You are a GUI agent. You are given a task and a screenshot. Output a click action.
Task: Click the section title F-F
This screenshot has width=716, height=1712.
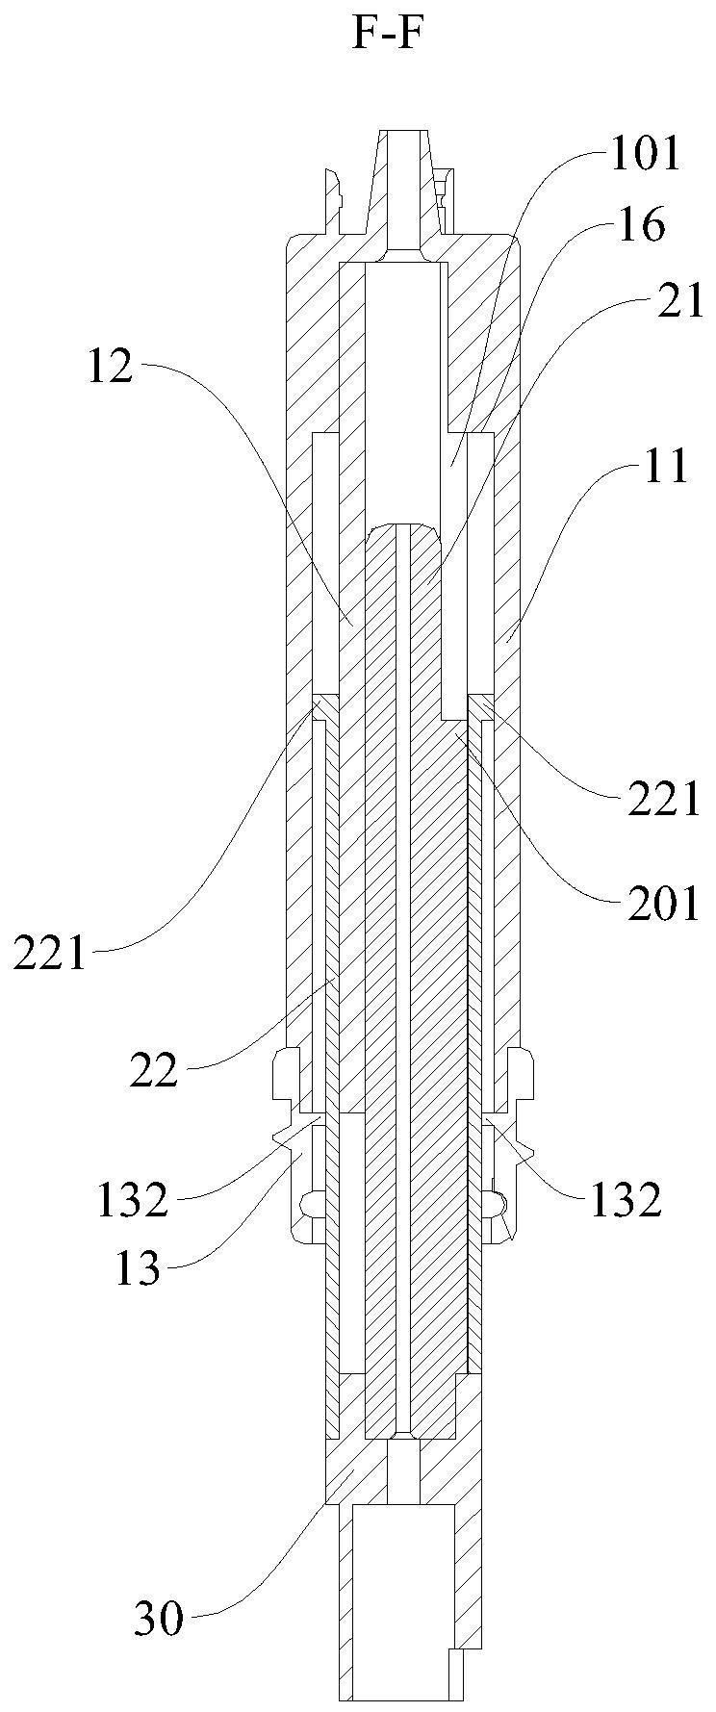[x=388, y=36]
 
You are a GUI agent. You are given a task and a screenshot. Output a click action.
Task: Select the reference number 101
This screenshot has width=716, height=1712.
[x=645, y=154]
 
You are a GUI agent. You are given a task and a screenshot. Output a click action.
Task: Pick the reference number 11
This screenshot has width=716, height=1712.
[x=667, y=468]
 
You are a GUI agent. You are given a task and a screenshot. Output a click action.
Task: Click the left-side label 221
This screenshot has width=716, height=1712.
[x=49, y=956]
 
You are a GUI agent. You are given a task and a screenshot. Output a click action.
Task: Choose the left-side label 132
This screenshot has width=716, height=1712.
[x=132, y=1200]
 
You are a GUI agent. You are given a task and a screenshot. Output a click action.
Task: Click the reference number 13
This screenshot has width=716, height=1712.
[x=137, y=1270]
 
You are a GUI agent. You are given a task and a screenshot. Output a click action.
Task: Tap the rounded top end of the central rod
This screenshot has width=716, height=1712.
[x=405, y=529]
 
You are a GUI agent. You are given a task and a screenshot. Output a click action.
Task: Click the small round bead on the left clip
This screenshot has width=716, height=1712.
[x=310, y=1203]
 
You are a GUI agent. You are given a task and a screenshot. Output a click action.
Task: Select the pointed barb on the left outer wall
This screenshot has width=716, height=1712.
[x=283, y=1137]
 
